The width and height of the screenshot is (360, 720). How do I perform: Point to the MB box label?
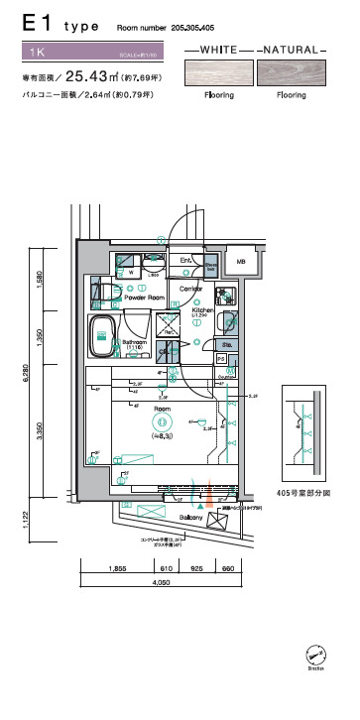pyautogui.click(x=240, y=262)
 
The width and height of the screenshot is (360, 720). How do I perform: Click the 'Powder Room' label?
pyautogui.click(x=144, y=298)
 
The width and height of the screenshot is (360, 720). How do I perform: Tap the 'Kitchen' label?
pyautogui.click(x=203, y=309)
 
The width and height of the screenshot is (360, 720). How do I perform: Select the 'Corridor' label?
pyautogui.click(x=191, y=288)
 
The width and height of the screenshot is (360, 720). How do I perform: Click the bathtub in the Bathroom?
pyautogui.click(x=103, y=337)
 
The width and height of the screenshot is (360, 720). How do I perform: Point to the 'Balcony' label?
pyautogui.click(x=191, y=519)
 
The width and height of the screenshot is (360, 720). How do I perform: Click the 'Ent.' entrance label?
pyautogui.click(x=185, y=262)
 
